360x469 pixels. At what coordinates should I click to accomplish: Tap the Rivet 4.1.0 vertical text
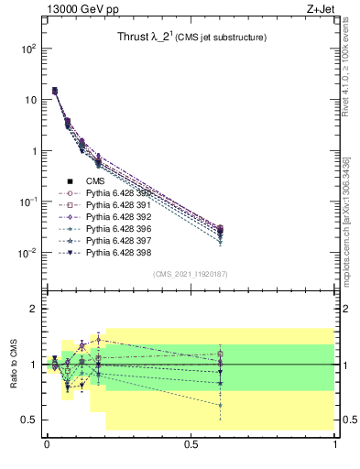[x=349, y=68]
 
